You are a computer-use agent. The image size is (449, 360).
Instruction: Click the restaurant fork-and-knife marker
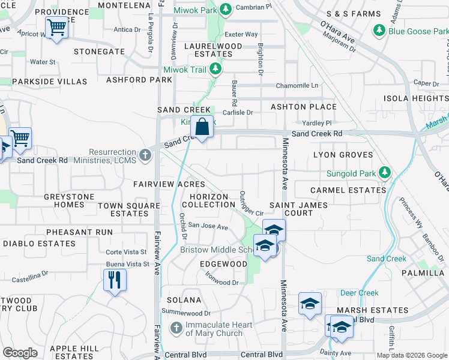coord(114,280)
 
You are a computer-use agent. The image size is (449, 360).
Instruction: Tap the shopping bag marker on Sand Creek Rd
coord(202,127)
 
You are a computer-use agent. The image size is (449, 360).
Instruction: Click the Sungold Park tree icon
coord(385,174)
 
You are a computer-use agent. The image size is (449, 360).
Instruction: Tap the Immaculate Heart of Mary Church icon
coord(176,328)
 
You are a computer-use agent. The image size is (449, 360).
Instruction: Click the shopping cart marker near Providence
coord(57,26)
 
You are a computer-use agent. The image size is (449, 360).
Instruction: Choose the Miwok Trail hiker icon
coord(215,70)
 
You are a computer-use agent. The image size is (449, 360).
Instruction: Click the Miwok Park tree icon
coord(225,10)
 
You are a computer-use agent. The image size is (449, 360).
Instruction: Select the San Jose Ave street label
coord(208,227)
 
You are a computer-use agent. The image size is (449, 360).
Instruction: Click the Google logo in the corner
coord(20,353)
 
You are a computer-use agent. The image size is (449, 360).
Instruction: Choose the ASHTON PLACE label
coord(303,107)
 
